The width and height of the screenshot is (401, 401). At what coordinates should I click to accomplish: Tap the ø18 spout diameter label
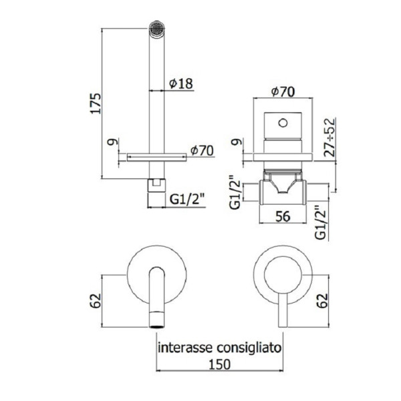click(x=180, y=84)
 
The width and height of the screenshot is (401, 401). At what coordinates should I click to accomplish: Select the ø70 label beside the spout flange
click(x=201, y=150)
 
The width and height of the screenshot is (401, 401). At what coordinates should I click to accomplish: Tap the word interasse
click(x=184, y=348)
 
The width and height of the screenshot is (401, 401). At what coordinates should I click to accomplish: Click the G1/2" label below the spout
click(x=186, y=198)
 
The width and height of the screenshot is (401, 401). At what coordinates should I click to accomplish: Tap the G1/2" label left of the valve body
click(x=234, y=191)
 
